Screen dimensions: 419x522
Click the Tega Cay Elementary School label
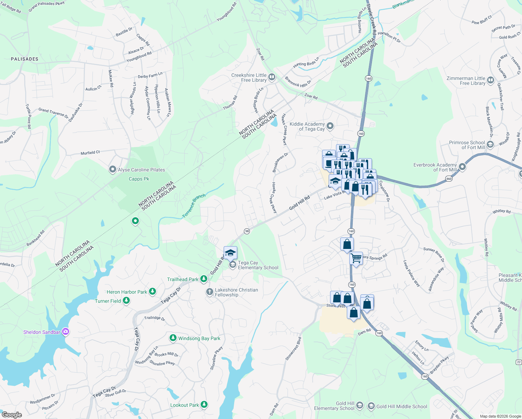point(258,265)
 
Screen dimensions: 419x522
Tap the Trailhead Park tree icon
point(204,279)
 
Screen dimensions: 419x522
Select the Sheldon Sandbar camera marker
point(65,332)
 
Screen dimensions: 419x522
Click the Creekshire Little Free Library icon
point(272,77)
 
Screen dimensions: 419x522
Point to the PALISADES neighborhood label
point(24,59)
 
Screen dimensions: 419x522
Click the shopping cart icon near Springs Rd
point(356,259)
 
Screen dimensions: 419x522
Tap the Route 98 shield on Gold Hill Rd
point(247,231)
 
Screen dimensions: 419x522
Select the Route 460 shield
point(449,179)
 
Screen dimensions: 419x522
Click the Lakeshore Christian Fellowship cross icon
point(209,292)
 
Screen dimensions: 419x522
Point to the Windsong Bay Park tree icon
point(173,338)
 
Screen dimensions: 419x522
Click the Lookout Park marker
point(204,405)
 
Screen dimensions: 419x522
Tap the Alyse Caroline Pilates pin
point(112,170)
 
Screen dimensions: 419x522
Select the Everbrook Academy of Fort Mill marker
point(462,167)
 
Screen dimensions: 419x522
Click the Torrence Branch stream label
point(194,206)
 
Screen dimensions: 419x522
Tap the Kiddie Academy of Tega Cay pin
point(330,126)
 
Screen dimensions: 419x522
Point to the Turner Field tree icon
point(126,301)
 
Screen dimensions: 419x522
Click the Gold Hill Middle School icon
point(371,406)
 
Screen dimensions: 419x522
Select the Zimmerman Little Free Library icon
point(491,80)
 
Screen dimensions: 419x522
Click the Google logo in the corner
point(12,415)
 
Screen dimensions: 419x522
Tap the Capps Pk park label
point(139,179)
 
